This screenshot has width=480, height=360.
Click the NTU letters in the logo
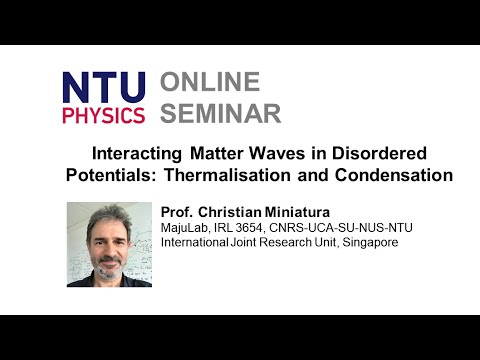pyautogui.click(x=103, y=87)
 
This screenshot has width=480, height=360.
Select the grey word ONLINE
pyautogui.click(x=210, y=82)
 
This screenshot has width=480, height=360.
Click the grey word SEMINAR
pyautogui.click(x=221, y=113)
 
